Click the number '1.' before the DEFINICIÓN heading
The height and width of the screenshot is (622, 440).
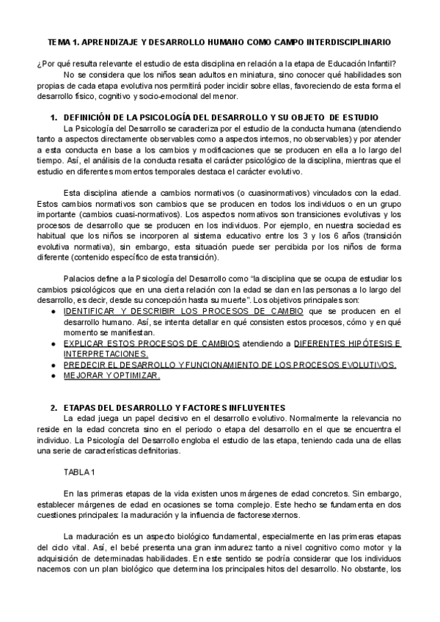[x=53, y=117]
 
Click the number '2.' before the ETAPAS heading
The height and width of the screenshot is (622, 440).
[x=53, y=407]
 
